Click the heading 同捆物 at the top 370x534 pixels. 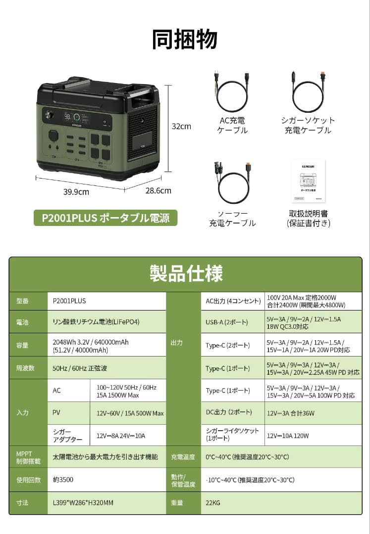click(x=185, y=40)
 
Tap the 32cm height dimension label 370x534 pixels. click(x=181, y=126)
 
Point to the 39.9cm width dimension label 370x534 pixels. click(x=76, y=192)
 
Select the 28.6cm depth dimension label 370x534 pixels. click(x=158, y=190)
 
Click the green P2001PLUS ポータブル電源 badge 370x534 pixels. click(x=106, y=218)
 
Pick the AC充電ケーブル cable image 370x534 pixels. click(x=232, y=92)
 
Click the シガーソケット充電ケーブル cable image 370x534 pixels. click(x=308, y=92)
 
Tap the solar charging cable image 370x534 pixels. click(x=232, y=181)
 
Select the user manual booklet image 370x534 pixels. click(x=308, y=181)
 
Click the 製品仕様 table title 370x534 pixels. click(x=186, y=273)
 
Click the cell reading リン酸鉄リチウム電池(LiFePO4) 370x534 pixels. click(x=96, y=322)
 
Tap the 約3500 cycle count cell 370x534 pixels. click(x=63, y=480)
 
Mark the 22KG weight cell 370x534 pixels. click(x=213, y=503)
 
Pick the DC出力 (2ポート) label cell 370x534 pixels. click(x=229, y=413)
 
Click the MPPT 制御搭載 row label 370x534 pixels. click(x=25, y=457)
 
